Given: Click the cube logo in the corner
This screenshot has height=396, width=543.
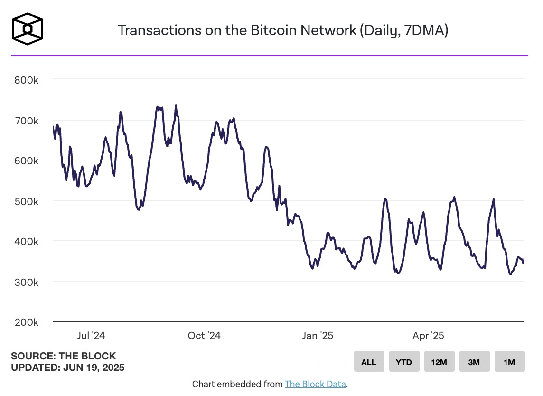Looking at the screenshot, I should click(27, 28).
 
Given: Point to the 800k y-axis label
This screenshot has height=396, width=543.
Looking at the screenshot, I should click(27, 80).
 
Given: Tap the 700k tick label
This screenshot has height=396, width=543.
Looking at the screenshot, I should click(27, 121).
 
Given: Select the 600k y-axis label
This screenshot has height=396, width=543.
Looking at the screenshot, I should click(27, 161).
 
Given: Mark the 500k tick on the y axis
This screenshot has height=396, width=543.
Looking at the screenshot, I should click(27, 201).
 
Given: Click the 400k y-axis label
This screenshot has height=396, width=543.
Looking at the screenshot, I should click(27, 242).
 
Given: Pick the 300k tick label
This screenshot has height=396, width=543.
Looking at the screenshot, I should click(27, 282).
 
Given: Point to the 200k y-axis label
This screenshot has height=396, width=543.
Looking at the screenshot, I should click(27, 322).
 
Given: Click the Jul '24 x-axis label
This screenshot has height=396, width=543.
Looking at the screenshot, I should click(91, 336).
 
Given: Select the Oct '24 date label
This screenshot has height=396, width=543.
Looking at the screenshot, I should click(204, 336).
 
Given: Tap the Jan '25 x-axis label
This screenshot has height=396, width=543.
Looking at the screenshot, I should click(317, 336).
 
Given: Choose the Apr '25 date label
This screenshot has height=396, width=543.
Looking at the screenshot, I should click(428, 336).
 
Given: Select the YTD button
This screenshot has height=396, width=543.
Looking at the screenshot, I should click(404, 362).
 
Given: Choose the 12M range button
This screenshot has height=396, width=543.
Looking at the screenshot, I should click(439, 362).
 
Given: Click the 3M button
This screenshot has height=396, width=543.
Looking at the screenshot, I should click(474, 362).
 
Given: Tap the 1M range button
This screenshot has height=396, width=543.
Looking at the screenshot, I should click(509, 362).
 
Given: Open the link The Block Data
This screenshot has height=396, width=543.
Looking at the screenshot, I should click(315, 384).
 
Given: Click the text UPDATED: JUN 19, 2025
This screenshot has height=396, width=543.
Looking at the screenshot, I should click(68, 367).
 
